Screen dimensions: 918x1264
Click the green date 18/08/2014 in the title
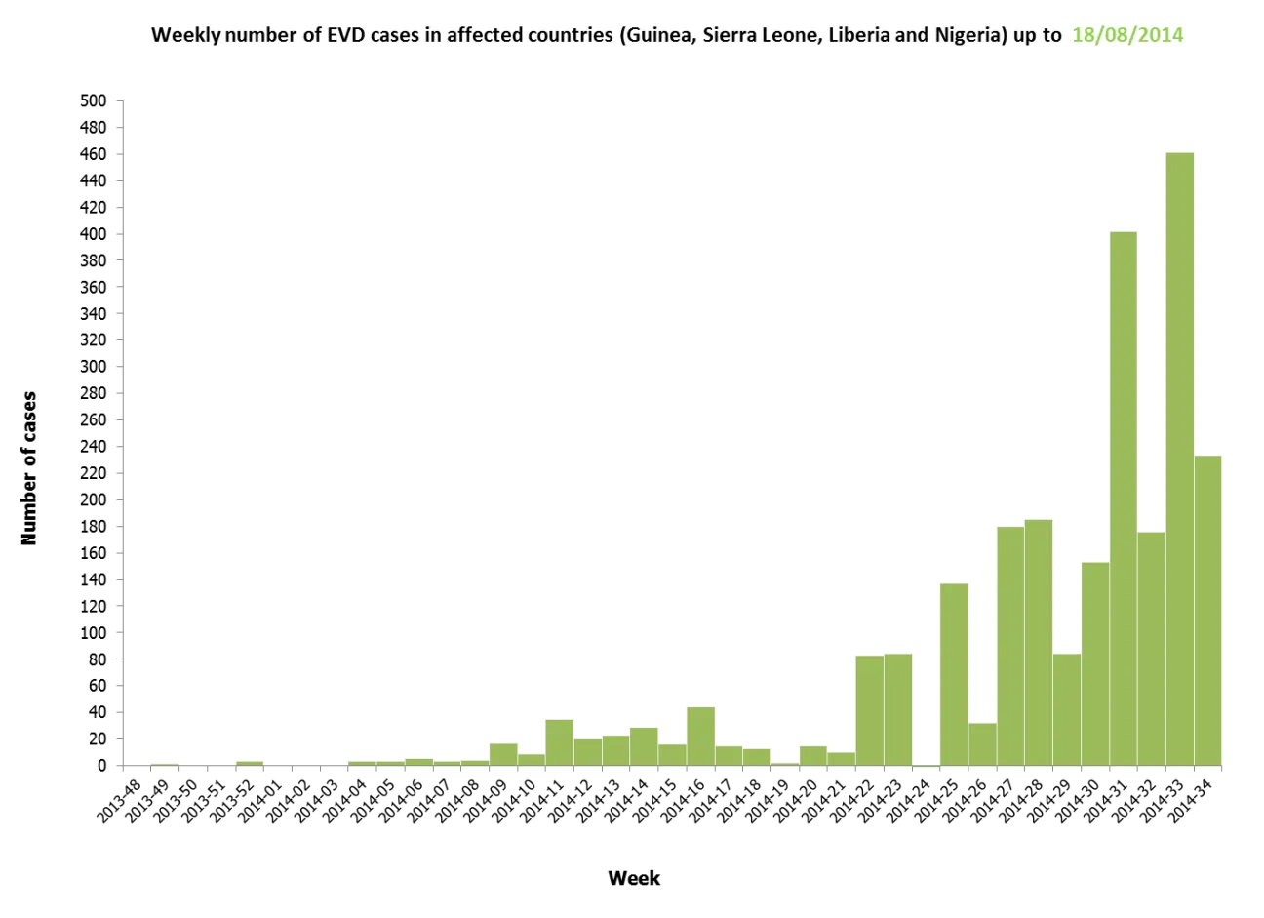pyautogui.click(x=1126, y=36)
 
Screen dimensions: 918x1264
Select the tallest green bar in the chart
pyautogui.click(x=1179, y=459)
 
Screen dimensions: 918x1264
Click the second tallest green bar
pyautogui.click(x=1123, y=498)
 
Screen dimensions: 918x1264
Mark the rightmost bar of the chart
pyautogui.click(x=1208, y=610)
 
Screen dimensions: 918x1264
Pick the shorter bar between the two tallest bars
pyautogui.click(x=1151, y=649)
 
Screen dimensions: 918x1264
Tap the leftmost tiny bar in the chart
pyautogui.click(x=166, y=763)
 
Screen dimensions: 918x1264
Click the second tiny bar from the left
pyautogui.click(x=250, y=762)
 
